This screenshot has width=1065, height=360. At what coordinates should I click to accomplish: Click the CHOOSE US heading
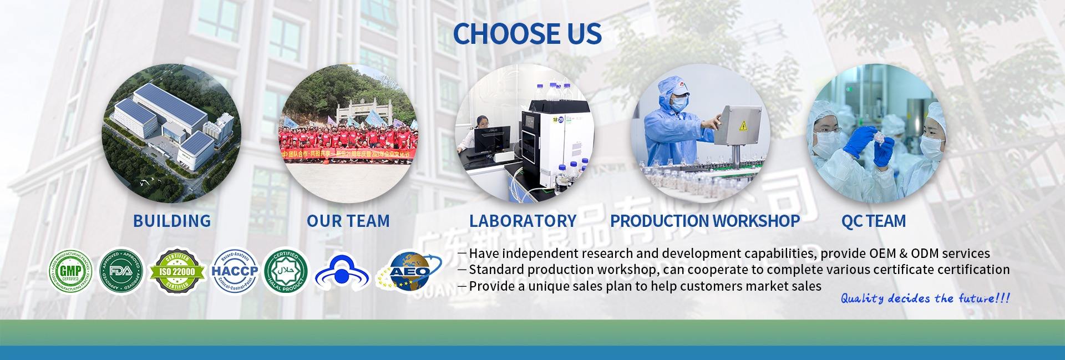click(x=528, y=33)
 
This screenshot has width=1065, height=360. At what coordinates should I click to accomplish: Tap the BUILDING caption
click(x=172, y=221)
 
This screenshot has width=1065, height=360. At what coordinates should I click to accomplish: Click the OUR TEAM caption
click(x=348, y=221)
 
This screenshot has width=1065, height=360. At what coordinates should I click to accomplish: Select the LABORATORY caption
click(x=523, y=221)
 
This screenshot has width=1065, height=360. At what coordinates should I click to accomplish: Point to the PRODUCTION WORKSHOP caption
click(x=704, y=221)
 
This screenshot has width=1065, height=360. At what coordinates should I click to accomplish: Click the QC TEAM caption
click(x=873, y=221)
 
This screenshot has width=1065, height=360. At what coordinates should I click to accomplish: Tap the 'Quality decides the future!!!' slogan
click(x=925, y=299)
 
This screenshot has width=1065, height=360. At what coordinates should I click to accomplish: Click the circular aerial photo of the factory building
click(x=173, y=133)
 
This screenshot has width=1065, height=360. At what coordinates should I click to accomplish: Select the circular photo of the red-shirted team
click(x=348, y=133)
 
